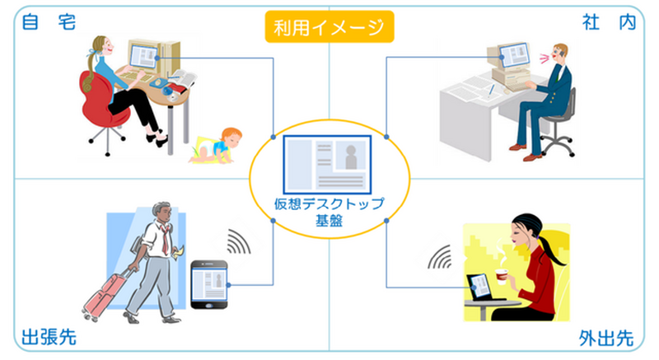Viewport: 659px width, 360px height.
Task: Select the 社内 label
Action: click(x=615, y=22)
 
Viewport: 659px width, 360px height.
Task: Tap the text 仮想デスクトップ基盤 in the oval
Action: click(x=329, y=213)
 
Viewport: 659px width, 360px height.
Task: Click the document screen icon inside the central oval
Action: click(x=329, y=164)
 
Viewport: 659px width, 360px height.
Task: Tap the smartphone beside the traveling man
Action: click(x=208, y=284)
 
